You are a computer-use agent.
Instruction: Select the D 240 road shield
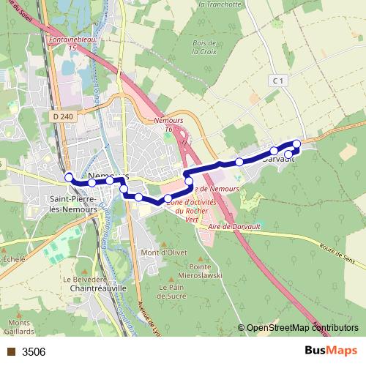pos(64,115)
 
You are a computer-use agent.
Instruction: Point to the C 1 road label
pos(275,81)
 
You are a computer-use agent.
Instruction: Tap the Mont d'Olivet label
pos(160,253)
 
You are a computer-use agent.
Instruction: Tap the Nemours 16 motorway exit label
pos(168,124)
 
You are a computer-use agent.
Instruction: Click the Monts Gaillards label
pos(19,327)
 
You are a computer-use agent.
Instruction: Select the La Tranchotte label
pos(220,4)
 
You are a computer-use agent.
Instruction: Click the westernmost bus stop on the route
pos(69,177)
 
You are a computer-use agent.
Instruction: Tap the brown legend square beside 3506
pos(11,351)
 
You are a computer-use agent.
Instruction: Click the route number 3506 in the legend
pos(34,351)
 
